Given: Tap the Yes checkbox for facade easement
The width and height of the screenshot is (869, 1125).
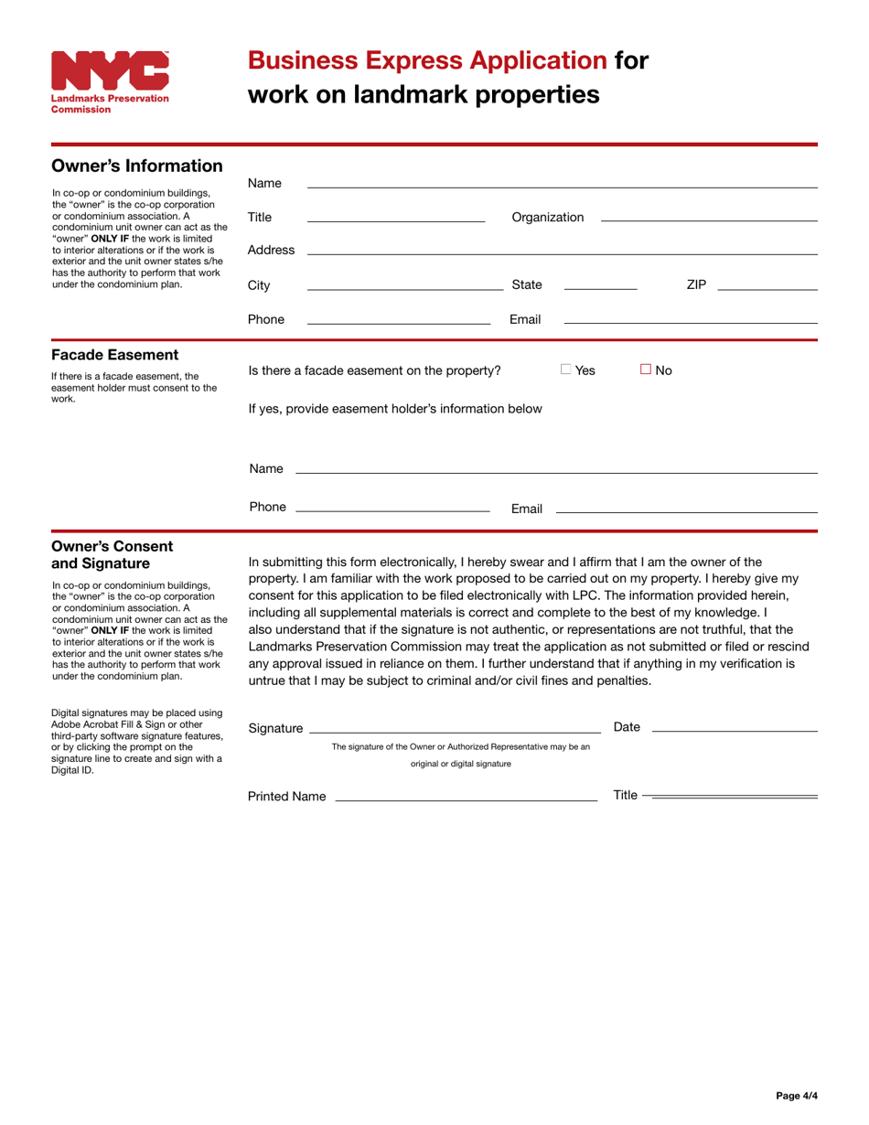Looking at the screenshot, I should [566, 370].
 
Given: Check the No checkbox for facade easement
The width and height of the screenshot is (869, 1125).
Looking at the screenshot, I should [646, 370].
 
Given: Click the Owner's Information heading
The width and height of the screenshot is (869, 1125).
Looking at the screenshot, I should [137, 166].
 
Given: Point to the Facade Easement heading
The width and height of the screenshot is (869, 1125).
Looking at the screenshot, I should [115, 355].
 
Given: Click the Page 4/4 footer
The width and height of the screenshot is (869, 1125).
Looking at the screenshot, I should [796, 1095].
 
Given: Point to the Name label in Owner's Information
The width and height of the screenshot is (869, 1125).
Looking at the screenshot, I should [264, 183].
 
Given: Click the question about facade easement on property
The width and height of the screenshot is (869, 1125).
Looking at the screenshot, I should [375, 370].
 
